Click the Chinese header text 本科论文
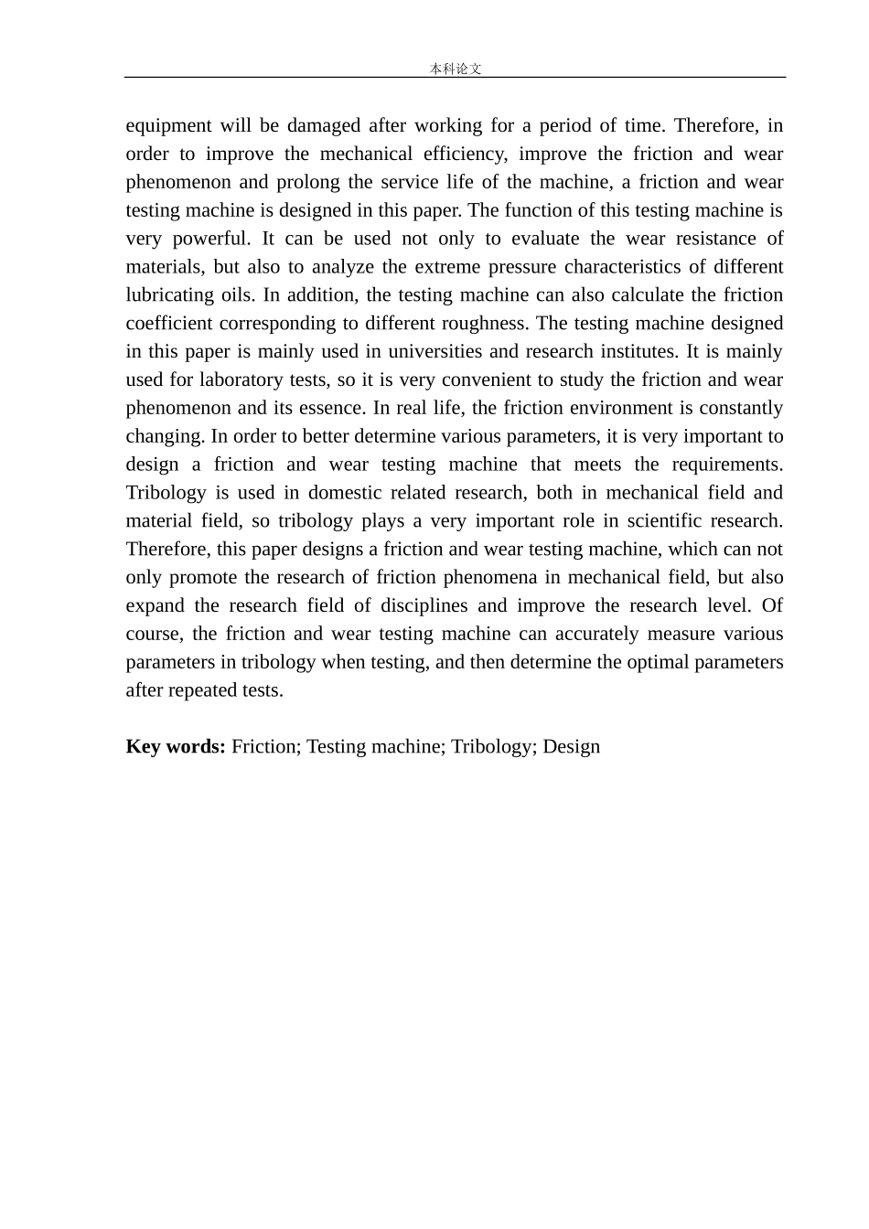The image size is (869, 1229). [x=455, y=69]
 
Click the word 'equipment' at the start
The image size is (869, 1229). [x=168, y=125]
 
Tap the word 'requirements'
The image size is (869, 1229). [x=726, y=465]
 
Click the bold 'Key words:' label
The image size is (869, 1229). [x=176, y=747]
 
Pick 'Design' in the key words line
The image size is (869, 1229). [x=571, y=747]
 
